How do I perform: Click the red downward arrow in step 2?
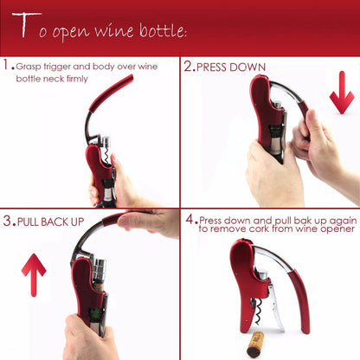(x=341, y=93)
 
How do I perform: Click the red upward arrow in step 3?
(x=34, y=274)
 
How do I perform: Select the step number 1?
(x=6, y=66)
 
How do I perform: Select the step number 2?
(x=187, y=66)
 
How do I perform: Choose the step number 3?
(x=7, y=222)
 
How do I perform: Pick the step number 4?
(x=188, y=220)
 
